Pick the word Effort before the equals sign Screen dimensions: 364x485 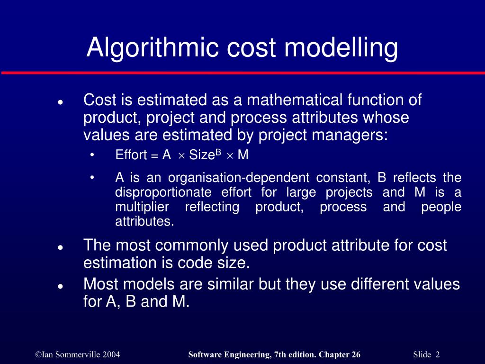(x=131, y=155)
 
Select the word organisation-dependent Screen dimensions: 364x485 (x=239, y=178)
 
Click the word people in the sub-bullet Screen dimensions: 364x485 (x=441, y=207)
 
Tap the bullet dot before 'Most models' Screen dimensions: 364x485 (x=61, y=286)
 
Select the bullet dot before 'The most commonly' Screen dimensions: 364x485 (x=61, y=247)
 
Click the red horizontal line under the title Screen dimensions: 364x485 (x=242, y=73)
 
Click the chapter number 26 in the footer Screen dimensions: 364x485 (x=356, y=355)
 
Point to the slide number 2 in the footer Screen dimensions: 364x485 (x=438, y=355)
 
